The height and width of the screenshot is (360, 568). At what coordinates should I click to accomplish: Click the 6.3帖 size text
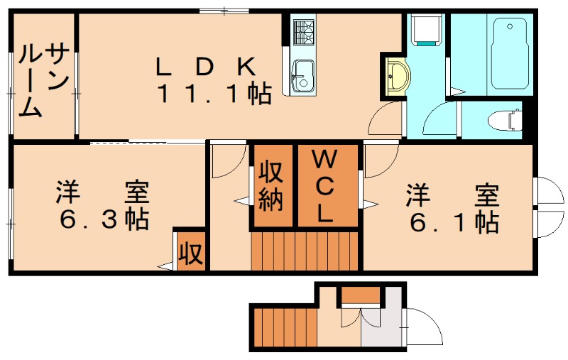click(x=103, y=219)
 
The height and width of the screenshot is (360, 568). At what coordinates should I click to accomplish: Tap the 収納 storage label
click(x=271, y=186)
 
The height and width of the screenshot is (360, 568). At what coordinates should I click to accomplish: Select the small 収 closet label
click(x=190, y=251)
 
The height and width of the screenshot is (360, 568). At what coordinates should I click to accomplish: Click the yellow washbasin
click(x=395, y=74)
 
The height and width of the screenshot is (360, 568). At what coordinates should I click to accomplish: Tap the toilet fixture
click(x=504, y=120)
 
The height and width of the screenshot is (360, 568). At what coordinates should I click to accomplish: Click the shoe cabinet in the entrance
click(x=359, y=294)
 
